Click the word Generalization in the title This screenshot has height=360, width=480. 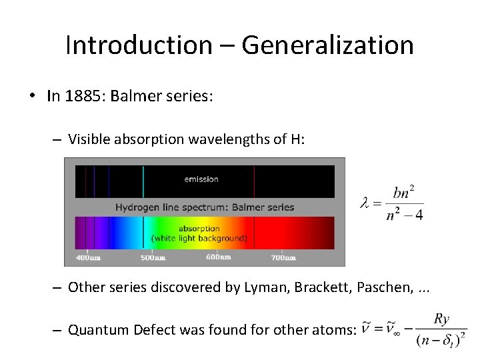327,45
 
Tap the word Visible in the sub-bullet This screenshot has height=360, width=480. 89,139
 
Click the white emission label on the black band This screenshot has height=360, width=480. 201,179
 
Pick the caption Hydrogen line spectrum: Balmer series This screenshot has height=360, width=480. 205,207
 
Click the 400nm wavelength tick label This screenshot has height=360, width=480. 88,257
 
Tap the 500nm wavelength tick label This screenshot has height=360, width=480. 153,257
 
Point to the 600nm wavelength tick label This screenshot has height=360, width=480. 218,257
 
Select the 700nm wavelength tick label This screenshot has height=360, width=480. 283,257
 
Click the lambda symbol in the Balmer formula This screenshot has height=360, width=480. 365,203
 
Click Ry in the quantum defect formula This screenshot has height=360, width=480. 441,319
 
